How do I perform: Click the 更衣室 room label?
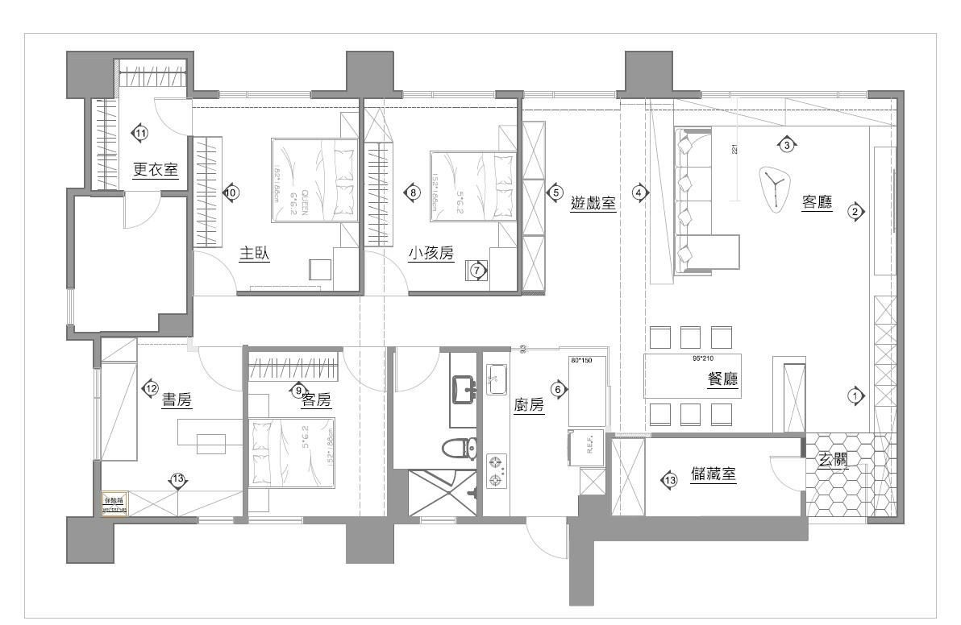click(x=155, y=170)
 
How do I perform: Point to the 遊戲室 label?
click(x=593, y=204)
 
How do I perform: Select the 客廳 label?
click(x=816, y=202)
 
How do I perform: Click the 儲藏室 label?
click(x=713, y=475)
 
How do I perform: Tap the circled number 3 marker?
click(x=787, y=145)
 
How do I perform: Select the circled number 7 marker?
click(x=477, y=271)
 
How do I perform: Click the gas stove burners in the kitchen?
click(x=497, y=471)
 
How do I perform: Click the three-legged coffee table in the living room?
click(x=776, y=187)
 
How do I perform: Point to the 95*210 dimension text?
click(x=704, y=358)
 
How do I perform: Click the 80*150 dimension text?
click(x=580, y=360)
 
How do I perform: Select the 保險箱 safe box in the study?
click(x=114, y=503)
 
